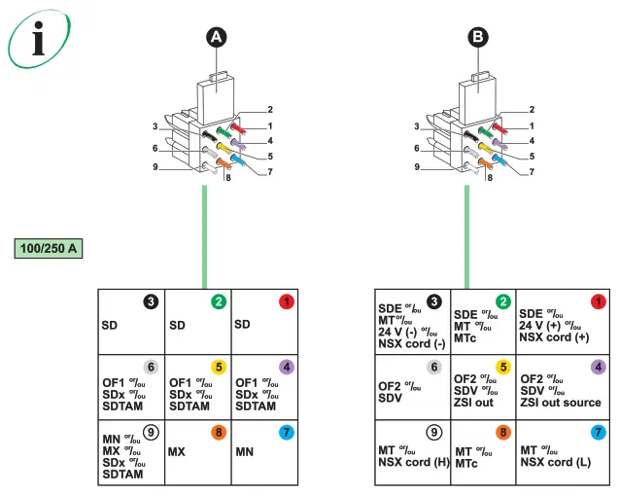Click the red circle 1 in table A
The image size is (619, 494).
286,301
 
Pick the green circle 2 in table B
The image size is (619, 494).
502,301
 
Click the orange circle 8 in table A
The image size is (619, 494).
219,432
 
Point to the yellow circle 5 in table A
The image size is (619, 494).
219,367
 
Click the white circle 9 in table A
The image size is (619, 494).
151,432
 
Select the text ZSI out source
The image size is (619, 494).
561,403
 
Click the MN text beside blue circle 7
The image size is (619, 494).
248,452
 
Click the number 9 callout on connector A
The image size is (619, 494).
155,167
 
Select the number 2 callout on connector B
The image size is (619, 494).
532,110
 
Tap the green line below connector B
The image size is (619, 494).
467,233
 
